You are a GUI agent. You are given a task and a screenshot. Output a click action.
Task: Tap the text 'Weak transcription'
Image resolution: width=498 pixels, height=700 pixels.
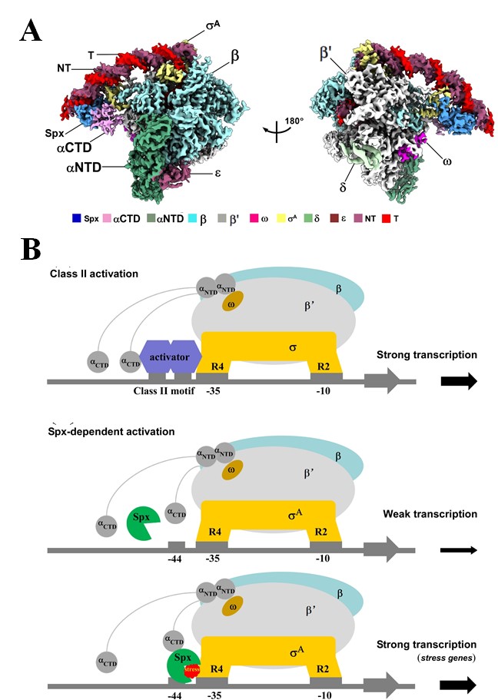pos(420,514)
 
